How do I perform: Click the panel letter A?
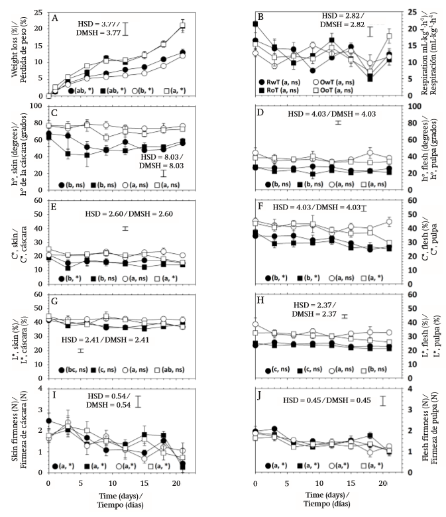pyautogui.click(x=56, y=19)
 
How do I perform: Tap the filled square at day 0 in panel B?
pyautogui.click(x=256, y=25)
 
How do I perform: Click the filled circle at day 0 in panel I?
pyautogui.click(x=48, y=421)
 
